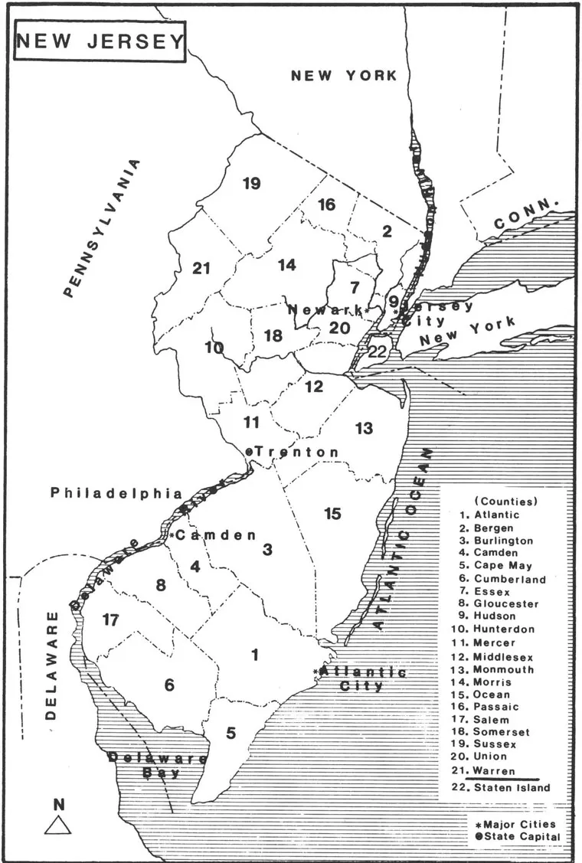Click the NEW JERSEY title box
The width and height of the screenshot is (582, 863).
coord(100,41)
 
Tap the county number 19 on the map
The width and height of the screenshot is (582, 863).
coord(251,183)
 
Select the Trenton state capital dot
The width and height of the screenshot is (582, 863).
coord(249,452)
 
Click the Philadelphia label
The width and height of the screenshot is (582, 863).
coord(117,493)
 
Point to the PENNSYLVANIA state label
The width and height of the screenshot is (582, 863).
coord(103,228)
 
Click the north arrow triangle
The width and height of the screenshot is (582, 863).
coord(58,824)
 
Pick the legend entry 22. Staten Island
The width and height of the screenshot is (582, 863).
coord(505,787)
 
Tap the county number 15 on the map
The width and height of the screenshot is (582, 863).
coord(332,513)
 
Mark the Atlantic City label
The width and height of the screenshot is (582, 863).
coord(362,678)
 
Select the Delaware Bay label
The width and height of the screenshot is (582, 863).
coord(158,765)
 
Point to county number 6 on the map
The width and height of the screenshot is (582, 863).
coord(169,685)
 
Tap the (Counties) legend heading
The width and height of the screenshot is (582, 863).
coord(506,501)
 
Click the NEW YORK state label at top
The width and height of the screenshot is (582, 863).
coord(344,75)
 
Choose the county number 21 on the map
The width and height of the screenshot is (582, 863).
coord(201,268)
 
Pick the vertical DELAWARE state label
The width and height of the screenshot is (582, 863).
coord(51,666)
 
